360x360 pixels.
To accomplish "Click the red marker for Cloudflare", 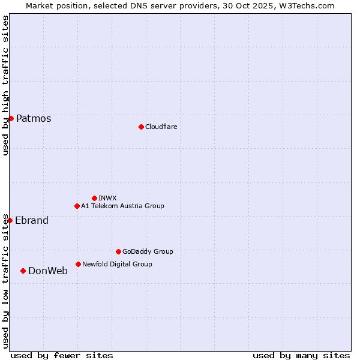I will pyautogui.click(x=141, y=127).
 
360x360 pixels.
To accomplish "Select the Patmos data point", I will pyautogui.click(x=11, y=118).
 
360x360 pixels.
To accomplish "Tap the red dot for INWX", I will pyautogui.click(x=94, y=198).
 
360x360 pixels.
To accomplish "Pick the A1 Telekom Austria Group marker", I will pyautogui.click(x=77, y=206).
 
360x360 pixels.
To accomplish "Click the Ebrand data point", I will pyautogui.click(x=10, y=220).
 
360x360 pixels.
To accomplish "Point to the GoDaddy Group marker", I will pyautogui.click(x=118, y=251).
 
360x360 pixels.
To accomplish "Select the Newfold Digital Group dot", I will pyautogui.click(x=78, y=264).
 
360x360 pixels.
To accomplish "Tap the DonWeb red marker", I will pyautogui.click(x=23, y=271).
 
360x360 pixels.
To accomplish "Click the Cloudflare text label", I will pyautogui.click(x=161, y=127).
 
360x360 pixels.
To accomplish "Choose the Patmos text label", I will pyautogui.click(x=34, y=118).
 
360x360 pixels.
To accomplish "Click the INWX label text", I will pyautogui.click(x=107, y=198).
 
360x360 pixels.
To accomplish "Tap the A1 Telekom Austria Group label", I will pyautogui.click(x=122, y=206).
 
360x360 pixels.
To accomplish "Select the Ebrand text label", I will pyautogui.click(x=32, y=220).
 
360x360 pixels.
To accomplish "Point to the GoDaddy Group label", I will pyautogui.click(x=148, y=251).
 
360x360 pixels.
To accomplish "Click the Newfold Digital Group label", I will pyautogui.click(x=117, y=264).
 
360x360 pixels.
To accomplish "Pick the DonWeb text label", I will pyautogui.click(x=48, y=271).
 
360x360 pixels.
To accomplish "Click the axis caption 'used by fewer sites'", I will pyautogui.click(x=62, y=355).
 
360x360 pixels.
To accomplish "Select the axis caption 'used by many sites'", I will pyautogui.click(x=301, y=355).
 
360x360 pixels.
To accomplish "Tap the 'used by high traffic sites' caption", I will pyautogui.click(x=5, y=86).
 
